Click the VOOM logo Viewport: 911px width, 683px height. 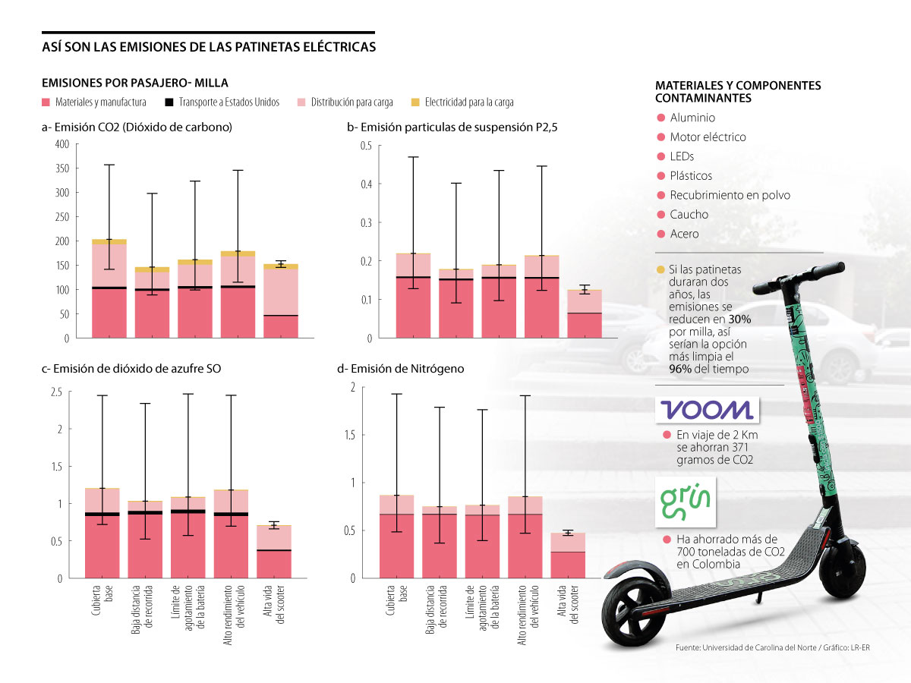706,410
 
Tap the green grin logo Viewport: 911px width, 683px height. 685,502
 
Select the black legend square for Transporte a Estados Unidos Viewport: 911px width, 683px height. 169,102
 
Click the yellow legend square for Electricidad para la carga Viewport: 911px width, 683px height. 415,102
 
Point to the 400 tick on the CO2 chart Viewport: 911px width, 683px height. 61,144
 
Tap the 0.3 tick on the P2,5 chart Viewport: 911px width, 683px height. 366,222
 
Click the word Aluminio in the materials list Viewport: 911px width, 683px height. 692,118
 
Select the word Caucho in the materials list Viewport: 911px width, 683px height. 689,215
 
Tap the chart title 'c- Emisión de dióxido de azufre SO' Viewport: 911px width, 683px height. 132,369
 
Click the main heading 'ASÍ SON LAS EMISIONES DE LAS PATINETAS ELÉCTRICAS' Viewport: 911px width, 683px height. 209,47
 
